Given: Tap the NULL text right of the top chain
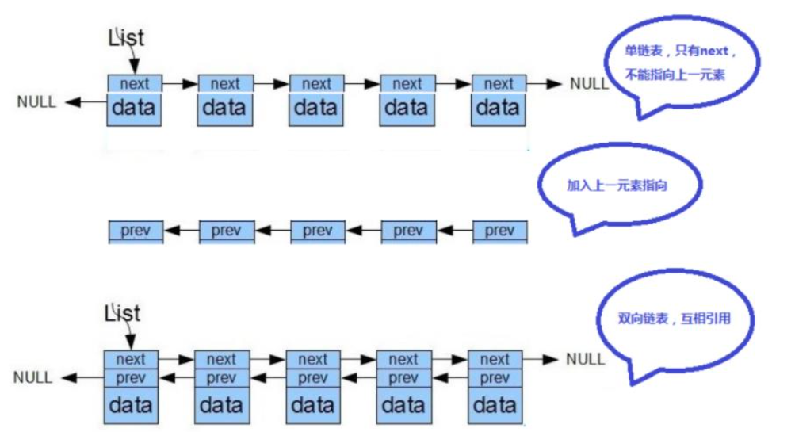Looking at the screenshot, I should tap(590, 83).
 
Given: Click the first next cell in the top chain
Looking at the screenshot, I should tap(135, 83).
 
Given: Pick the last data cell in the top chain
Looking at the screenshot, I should tap(499, 108).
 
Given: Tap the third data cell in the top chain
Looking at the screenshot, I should tap(316, 108).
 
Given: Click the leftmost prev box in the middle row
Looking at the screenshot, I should tap(135, 231).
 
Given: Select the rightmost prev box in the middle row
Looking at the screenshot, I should tap(499, 231).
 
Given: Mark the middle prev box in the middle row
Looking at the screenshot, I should tap(317, 231).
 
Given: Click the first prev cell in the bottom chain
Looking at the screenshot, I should tap(132, 377).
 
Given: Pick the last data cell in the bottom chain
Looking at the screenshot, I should tap(495, 406).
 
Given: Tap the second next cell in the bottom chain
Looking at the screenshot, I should tap(222, 359).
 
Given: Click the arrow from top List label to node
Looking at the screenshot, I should tap(133, 59).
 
